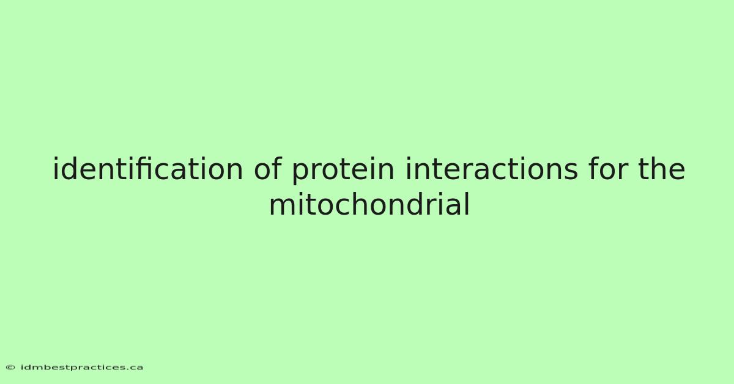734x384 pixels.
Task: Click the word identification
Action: coord(148,169)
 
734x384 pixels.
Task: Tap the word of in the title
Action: coord(268,168)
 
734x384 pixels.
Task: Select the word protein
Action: coord(343,171)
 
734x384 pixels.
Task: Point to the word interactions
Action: coord(492,169)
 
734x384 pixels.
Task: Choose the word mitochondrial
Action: coord(369,204)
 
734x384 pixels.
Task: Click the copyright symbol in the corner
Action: coord(10,367)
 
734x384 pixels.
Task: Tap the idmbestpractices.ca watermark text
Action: coord(82,367)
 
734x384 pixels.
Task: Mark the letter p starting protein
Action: coord(301,173)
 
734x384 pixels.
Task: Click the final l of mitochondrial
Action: coord(467,203)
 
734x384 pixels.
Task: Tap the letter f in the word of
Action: coord(277,168)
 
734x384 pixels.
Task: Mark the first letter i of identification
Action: coord(56,168)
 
